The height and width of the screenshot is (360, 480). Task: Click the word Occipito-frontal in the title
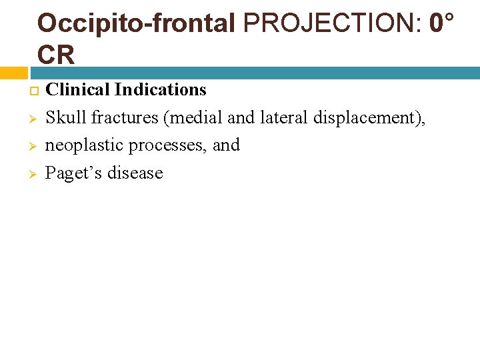coord(136,23)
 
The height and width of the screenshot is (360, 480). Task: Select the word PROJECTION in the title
coord(331,23)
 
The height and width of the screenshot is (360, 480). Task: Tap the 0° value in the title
coord(442,23)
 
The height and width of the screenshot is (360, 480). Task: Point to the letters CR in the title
coord(56,54)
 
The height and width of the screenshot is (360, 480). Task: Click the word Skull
coord(65,117)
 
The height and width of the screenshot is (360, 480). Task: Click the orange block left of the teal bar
coord(13,73)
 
